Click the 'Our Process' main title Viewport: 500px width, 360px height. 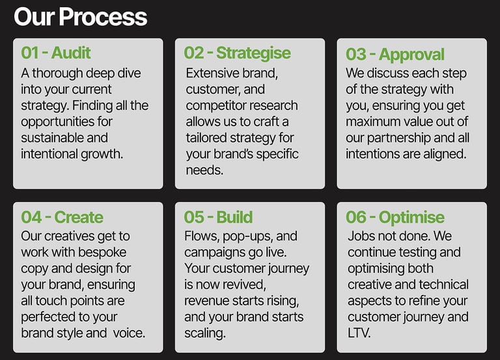point(80,17)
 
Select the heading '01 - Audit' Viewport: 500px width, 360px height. point(56,53)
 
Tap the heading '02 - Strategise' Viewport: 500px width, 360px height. point(237,53)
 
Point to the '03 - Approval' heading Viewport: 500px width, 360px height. point(395,55)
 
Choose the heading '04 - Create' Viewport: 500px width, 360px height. point(62,217)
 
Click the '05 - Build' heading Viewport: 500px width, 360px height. point(219,217)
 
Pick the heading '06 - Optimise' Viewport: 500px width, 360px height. point(395,218)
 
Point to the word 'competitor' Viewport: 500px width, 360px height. point(215,106)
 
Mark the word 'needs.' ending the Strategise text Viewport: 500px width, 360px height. point(204,171)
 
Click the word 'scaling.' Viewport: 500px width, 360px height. point(204,333)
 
